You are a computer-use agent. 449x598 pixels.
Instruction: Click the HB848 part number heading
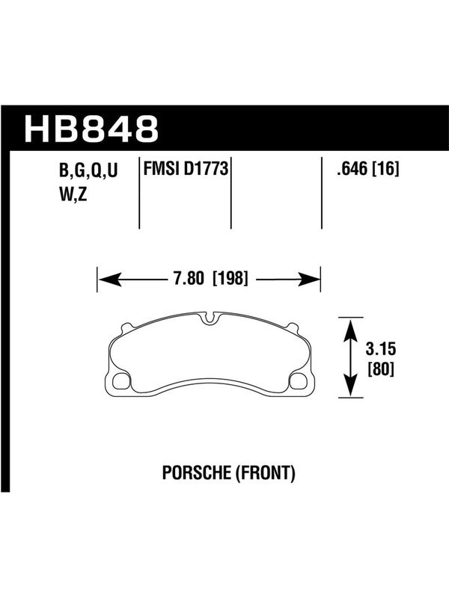click(x=91, y=129)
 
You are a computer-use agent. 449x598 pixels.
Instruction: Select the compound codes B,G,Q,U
click(x=88, y=171)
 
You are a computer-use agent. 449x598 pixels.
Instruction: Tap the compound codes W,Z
click(x=73, y=194)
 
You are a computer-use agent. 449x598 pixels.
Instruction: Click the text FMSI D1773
click(x=186, y=169)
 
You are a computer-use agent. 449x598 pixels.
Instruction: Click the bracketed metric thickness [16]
click(x=386, y=169)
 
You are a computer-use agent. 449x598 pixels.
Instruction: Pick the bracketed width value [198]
click(x=230, y=278)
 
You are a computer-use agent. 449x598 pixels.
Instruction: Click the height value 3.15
click(x=381, y=349)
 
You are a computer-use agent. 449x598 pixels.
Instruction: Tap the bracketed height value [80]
click(x=381, y=369)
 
